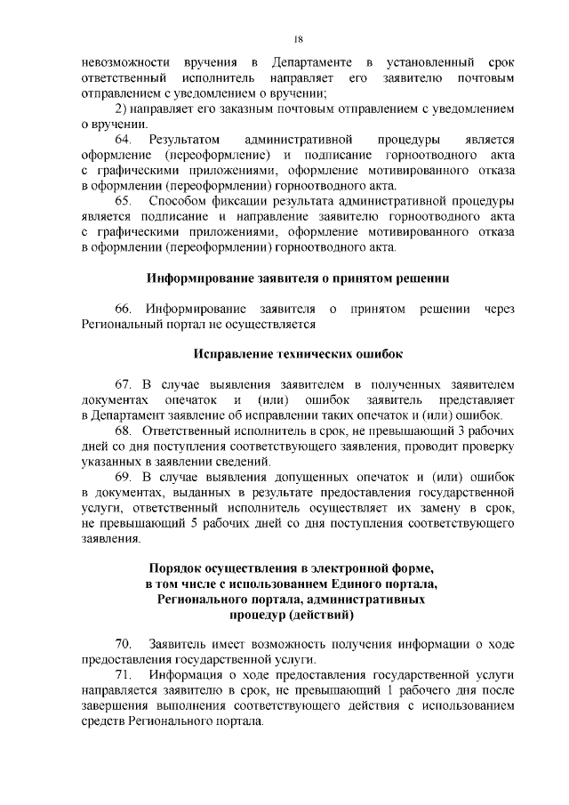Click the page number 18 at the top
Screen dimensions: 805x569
pos(298,38)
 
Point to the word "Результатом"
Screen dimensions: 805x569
pos(183,141)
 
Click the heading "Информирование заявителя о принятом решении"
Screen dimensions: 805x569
pos(298,278)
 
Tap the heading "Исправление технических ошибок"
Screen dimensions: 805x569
pos(298,355)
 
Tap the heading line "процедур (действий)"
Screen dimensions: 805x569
pos(298,615)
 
